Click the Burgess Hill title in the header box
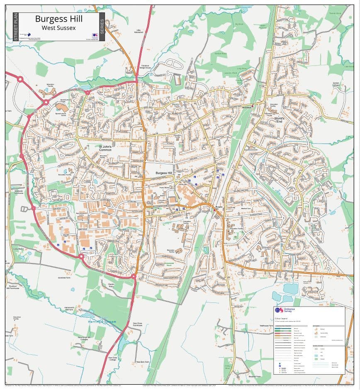point(58,19)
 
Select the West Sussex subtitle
point(58,27)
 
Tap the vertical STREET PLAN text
point(16,27)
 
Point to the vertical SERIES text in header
point(102,27)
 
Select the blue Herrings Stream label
point(102,322)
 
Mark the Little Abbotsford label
point(139,31)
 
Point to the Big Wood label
point(239,24)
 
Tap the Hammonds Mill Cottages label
point(84,338)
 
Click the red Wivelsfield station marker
point(253,106)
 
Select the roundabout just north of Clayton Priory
point(134,276)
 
